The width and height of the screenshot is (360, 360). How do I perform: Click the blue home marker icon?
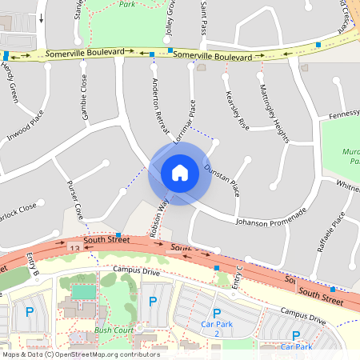[179, 172]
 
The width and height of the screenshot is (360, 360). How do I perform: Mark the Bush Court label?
[113, 330]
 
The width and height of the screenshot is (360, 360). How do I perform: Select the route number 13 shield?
[74, 250]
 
